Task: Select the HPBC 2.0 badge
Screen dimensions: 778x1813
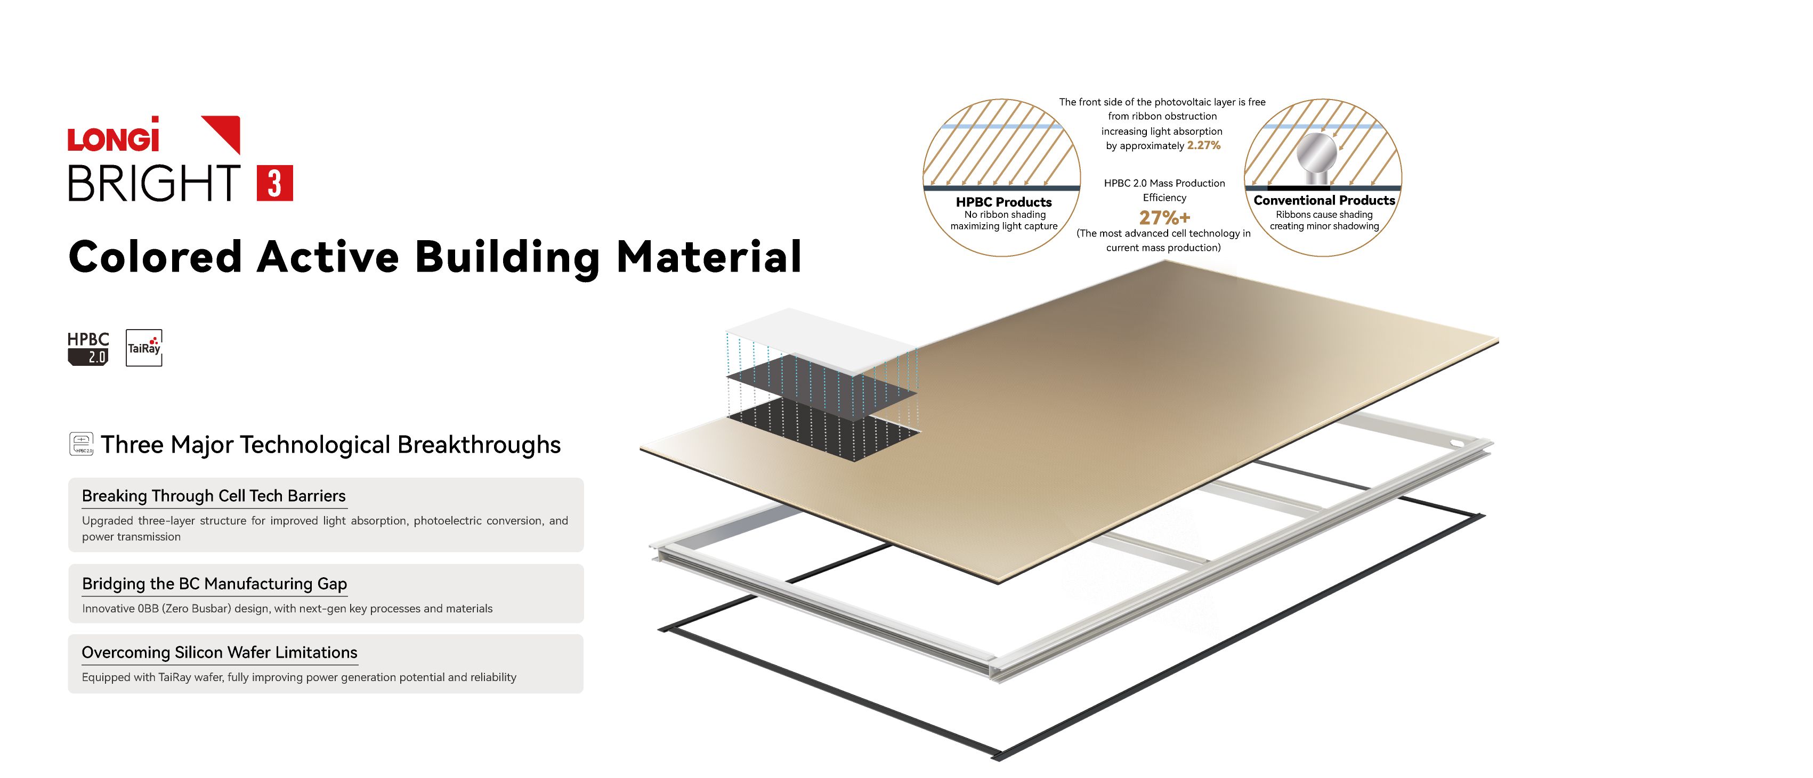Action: coord(88,348)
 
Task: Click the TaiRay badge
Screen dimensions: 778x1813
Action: coord(143,348)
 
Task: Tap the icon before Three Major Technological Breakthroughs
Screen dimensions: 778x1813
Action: coord(82,444)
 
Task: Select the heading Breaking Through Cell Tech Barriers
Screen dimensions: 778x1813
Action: coord(214,496)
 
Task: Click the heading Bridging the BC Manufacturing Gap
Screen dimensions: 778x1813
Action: coord(214,584)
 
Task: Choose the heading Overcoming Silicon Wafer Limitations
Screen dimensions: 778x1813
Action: coord(220,652)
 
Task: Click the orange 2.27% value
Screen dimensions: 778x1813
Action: coord(1203,145)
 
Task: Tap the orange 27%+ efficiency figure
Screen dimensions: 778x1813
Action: coord(1164,217)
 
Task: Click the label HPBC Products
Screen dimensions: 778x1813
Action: coord(1003,202)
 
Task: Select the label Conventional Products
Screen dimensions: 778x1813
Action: coord(1324,200)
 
